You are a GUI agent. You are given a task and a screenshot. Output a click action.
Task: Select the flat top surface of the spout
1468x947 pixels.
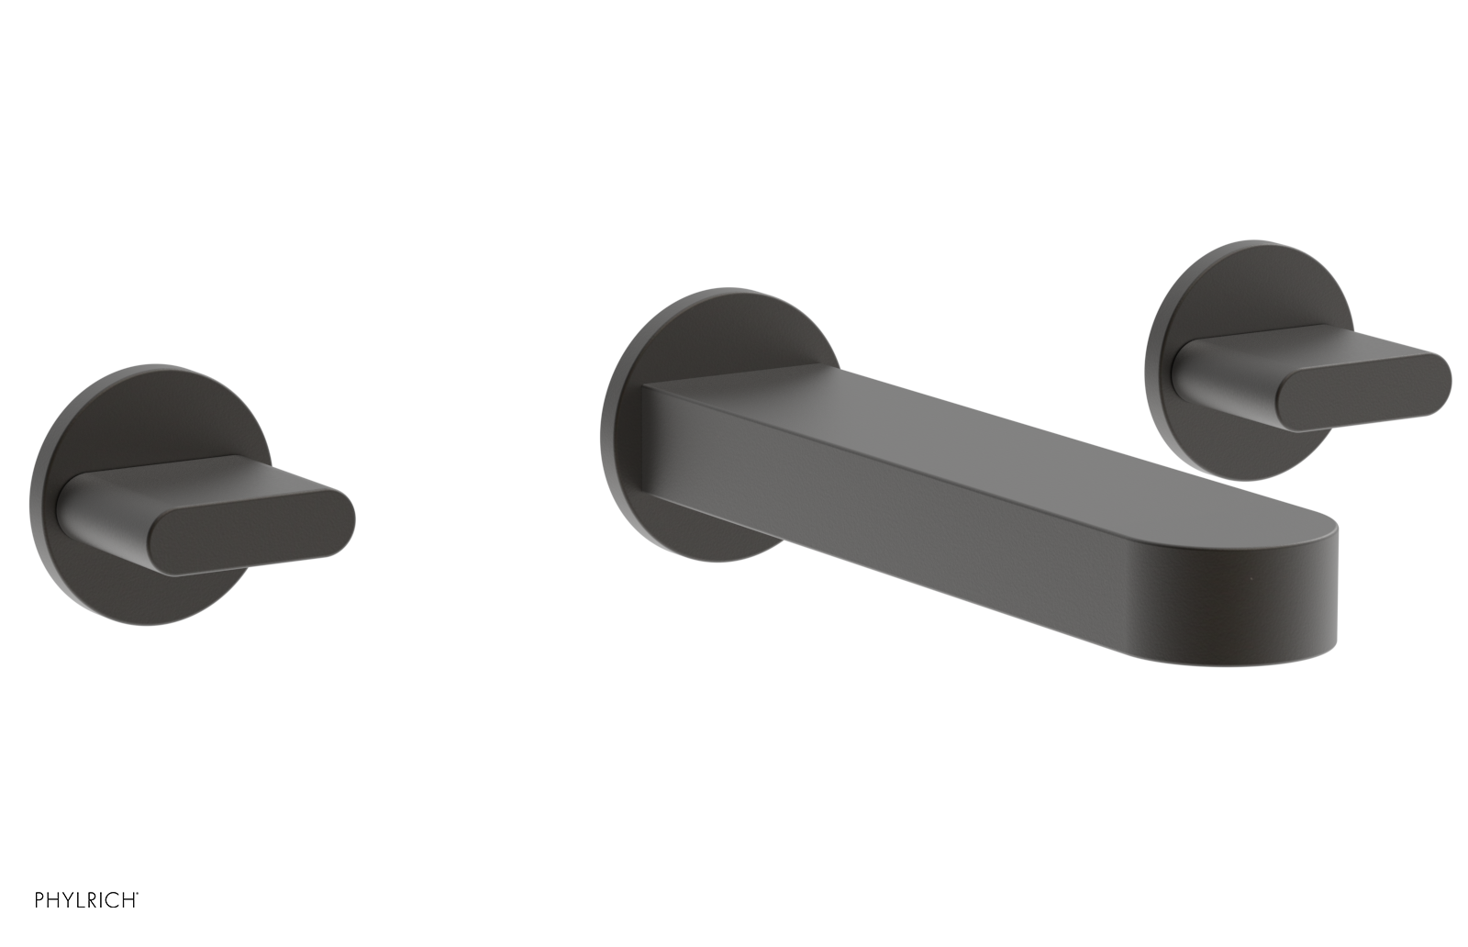(963, 440)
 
